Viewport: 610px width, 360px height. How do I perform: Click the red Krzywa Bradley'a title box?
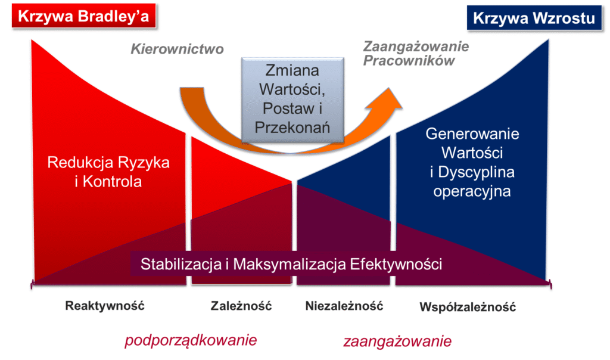coord(83,16)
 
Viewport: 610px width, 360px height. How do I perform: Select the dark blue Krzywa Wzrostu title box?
coord(534,18)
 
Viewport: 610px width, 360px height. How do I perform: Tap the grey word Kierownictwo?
coord(177,49)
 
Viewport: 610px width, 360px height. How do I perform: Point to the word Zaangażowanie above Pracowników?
coord(416,46)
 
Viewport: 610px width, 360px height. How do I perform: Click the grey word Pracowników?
coord(409,61)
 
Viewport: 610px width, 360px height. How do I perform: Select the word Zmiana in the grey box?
coord(292,70)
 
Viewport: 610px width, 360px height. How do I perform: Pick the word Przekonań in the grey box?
coord(292,128)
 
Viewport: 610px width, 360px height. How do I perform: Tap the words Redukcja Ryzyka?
coord(108,162)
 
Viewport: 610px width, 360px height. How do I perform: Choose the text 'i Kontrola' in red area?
coord(108,182)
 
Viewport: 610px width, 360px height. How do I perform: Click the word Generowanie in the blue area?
coord(472,134)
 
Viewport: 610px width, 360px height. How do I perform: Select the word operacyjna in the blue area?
coord(472,191)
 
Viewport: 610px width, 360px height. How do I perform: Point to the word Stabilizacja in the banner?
coord(181,264)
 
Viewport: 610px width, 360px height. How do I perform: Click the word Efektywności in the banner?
coord(396,264)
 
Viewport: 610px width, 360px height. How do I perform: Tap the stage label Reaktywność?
coord(105,306)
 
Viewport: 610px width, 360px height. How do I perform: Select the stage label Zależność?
coord(241,306)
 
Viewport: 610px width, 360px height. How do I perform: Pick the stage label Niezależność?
coord(344,306)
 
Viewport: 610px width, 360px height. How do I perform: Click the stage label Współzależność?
coord(468,307)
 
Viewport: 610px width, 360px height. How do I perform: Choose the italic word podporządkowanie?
coord(191,340)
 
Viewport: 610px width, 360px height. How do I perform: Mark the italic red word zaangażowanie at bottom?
coord(397,342)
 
